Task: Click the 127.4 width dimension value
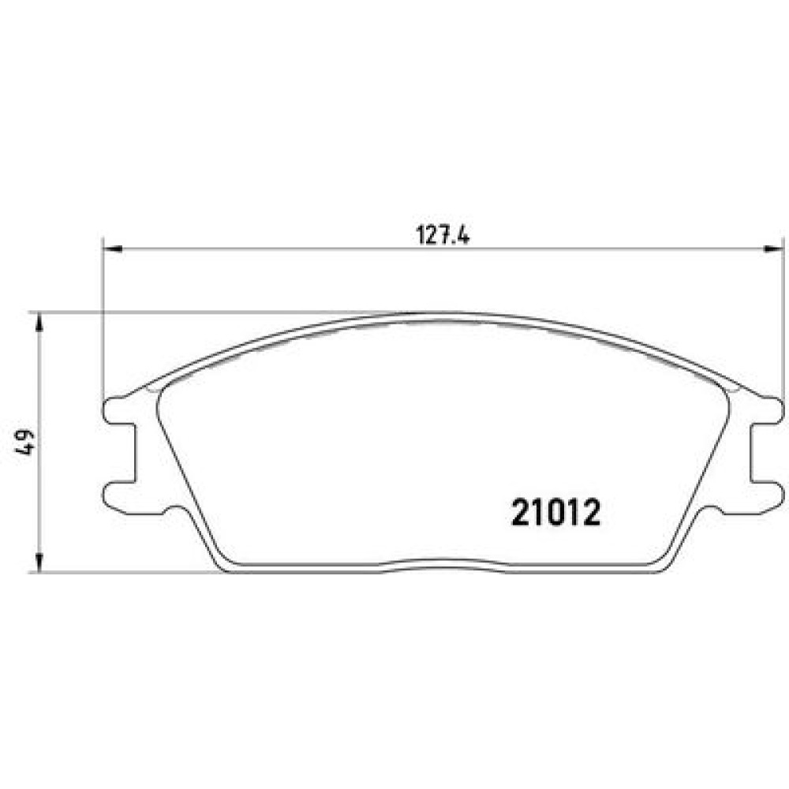tap(443, 235)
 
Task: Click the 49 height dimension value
tap(25, 443)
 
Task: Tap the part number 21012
tap(555, 513)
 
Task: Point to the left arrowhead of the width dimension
tap(112, 249)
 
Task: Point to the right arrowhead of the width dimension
tap(774, 249)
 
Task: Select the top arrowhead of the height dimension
tap(39, 323)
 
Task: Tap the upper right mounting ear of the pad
tap(768, 409)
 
